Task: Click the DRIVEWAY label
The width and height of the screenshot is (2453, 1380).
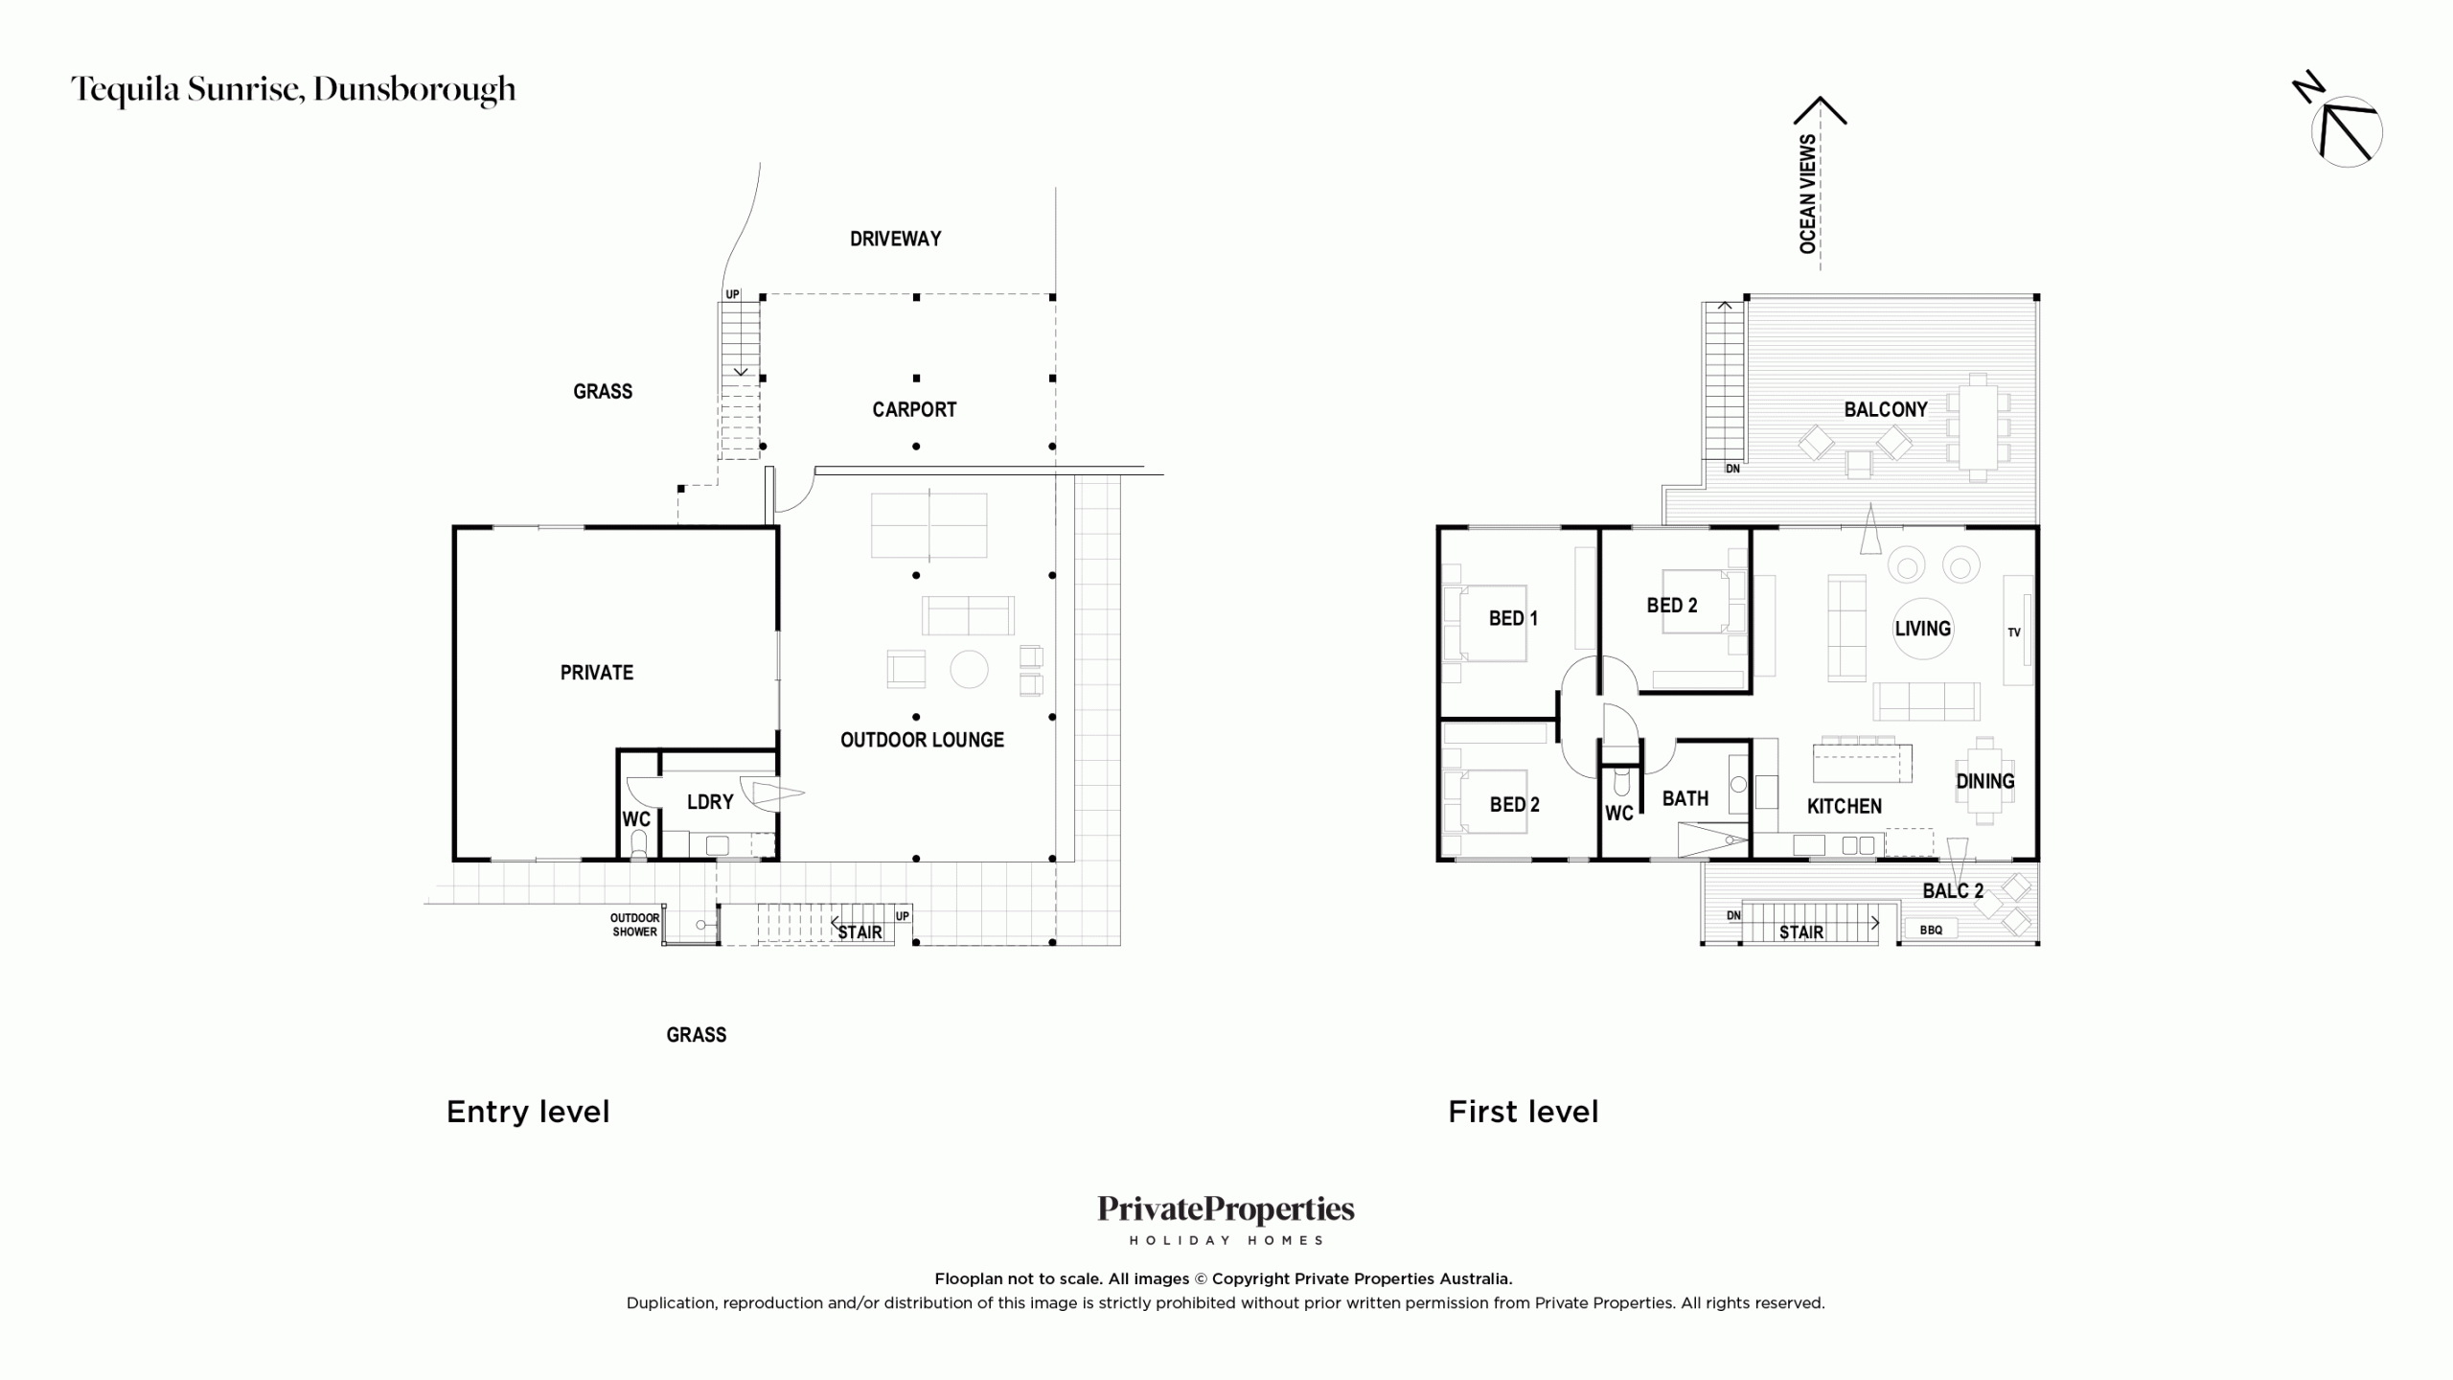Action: point(895,239)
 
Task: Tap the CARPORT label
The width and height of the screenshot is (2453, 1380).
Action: point(914,410)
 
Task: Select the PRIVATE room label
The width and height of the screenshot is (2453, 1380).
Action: point(596,673)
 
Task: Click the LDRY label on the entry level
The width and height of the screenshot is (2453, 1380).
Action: point(710,802)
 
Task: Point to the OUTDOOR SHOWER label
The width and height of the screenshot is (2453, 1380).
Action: point(634,925)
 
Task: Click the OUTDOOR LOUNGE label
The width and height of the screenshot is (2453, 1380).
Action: point(922,740)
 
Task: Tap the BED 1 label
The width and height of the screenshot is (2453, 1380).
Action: point(1513,619)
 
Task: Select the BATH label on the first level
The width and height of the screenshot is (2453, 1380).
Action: point(1685,798)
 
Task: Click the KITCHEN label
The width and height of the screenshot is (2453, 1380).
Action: point(1845,807)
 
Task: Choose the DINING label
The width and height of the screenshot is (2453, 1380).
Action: point(1985,782)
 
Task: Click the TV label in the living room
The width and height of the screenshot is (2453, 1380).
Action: point(2014,632)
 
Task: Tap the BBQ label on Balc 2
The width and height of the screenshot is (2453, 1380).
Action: point(1931,930)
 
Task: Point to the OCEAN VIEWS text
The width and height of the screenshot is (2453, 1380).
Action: point(1807,195)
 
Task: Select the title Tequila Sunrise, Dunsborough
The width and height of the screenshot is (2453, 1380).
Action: point(293,90)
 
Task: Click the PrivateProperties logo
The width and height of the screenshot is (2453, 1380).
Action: point(1226,1219)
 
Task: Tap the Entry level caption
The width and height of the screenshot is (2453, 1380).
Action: point(528,1112)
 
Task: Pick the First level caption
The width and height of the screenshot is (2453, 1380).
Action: point(1524,1112)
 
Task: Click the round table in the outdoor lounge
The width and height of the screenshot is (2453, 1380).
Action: point(969,669)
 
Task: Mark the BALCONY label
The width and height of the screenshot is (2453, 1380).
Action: point(1886,410)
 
